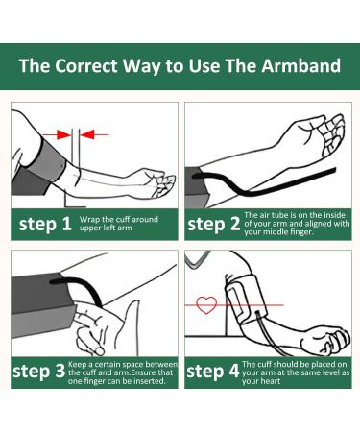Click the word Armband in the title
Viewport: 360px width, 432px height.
(x=300, y=66)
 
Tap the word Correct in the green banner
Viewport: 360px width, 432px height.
(x=86, y=66)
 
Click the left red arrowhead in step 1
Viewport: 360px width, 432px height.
(x=63, y=134)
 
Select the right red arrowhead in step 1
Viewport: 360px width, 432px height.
(x=87, y=134)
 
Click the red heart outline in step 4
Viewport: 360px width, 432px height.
(x=206, y=305)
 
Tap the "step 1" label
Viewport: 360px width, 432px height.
(x=45, y=224)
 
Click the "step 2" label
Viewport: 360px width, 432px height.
(x=213, y=224)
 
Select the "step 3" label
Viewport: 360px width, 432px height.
(x=38, y=372)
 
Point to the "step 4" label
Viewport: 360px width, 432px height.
(x=213, y=372)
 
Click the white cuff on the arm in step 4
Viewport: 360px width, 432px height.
(x=246, y=300)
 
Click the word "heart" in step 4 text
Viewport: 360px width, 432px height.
(x=271, y=381)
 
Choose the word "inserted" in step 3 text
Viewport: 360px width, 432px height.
(x=150, y=381)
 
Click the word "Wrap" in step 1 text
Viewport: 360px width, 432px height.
(x=89, y=220)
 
